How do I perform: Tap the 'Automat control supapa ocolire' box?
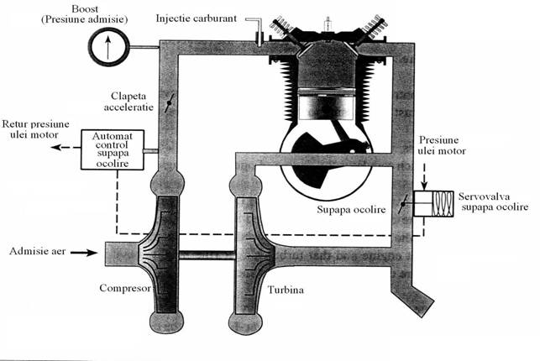pos(113,149)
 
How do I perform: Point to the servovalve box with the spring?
pos(436,203)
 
